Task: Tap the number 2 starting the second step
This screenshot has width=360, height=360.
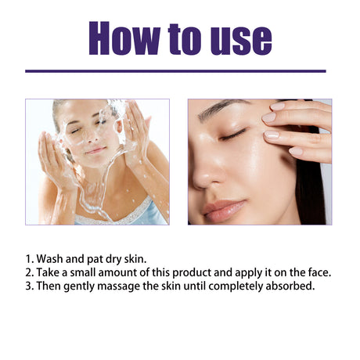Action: tap(29, 272)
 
